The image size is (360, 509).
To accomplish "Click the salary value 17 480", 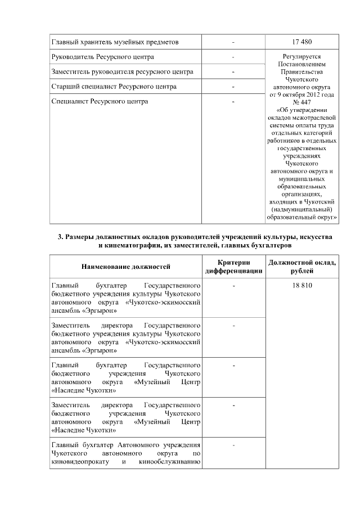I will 302,42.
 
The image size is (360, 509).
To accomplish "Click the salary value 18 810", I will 302,285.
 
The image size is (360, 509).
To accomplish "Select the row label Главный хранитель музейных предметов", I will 115,42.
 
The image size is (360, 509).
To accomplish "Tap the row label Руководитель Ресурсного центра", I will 103,57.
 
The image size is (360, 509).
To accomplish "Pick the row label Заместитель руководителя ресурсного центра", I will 123,72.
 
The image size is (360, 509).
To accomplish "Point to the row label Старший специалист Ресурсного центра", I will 114,87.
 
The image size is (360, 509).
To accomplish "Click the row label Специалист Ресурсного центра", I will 100,102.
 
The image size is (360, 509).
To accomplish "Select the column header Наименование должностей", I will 125,266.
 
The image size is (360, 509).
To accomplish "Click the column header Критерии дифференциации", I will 233,267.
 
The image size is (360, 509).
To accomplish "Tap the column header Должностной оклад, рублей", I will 302,267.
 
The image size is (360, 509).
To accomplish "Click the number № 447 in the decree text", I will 302,102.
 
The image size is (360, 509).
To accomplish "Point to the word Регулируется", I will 302,57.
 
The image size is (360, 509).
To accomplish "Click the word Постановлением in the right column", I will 302,64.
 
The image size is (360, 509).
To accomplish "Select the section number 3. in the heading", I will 61,237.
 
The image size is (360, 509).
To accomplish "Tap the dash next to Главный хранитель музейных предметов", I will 233,42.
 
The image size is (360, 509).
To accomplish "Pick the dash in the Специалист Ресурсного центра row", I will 233,102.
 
